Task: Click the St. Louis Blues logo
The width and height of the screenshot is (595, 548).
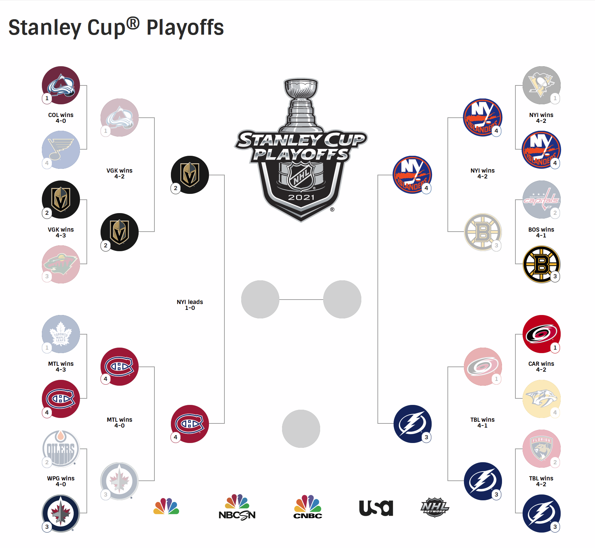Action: point(61,150)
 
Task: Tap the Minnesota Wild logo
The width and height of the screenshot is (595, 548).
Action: point(61,264)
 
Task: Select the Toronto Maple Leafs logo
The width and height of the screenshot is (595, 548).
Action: point(61,334)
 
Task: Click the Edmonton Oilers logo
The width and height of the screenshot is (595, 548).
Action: point(61,448)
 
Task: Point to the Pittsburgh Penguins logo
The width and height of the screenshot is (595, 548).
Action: point(541,85)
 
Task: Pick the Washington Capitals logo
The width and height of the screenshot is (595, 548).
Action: point(541,199)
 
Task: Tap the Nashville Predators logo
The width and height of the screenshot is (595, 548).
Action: point(541,399)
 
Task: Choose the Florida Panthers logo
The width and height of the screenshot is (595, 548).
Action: point(541,448)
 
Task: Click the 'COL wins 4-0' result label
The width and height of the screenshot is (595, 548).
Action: point(61,118)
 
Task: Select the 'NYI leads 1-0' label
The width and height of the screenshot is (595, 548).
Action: point(190,305)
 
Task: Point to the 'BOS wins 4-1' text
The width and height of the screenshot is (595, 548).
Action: point(541,232)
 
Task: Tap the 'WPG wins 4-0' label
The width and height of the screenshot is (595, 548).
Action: point(61,481)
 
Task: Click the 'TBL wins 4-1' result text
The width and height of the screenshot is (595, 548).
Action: point(482,422)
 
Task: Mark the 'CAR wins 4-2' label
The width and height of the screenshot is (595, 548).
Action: point(541,366)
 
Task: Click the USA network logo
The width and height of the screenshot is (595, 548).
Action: point(376,508)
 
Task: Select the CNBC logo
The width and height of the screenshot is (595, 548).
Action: point(308,506)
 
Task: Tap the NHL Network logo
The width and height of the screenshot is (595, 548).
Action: point(435,507)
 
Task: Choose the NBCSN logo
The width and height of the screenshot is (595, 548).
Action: point(237,507)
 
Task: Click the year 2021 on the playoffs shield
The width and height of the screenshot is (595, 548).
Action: point(301,197)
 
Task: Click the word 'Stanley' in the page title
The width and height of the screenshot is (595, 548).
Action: point(45,28)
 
